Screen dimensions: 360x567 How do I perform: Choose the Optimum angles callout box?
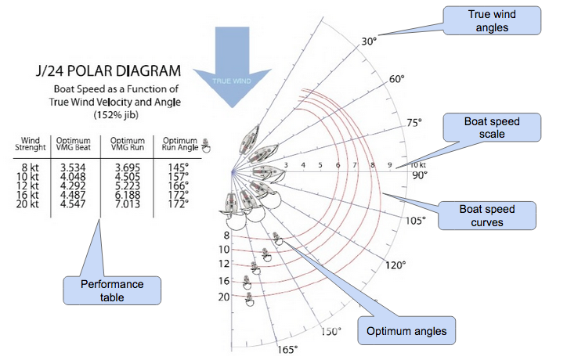coord(406,331)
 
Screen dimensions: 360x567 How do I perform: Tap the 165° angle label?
coord(287,349)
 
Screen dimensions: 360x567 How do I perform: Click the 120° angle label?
coord(395,265)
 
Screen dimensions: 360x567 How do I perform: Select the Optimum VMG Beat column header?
coord(74,143)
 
